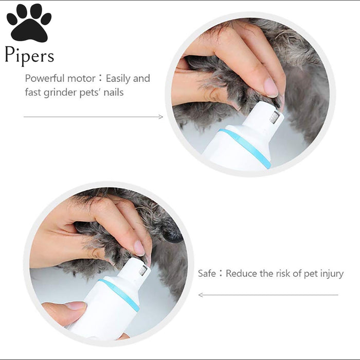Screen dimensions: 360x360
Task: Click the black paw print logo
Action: click(29, 23)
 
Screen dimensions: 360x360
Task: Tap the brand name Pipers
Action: click(29, 56)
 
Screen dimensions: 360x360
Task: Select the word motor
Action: click(81, 79)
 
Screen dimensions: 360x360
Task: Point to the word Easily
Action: click(118, 79)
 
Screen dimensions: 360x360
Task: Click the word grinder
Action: click(60, 93)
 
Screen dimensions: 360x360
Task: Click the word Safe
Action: click(207, 274)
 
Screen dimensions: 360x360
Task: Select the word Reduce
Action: click(241, 274)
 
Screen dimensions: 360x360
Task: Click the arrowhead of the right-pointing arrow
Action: click(161, 117)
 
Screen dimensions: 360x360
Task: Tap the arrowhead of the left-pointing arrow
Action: click(200, 295)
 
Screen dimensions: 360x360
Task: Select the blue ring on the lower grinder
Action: click(119, 295)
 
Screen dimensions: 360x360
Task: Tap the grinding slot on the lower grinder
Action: click(143, 271)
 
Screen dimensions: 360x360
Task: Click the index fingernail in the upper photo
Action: click(271, 87)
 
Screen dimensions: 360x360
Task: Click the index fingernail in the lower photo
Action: click(139, 248)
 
